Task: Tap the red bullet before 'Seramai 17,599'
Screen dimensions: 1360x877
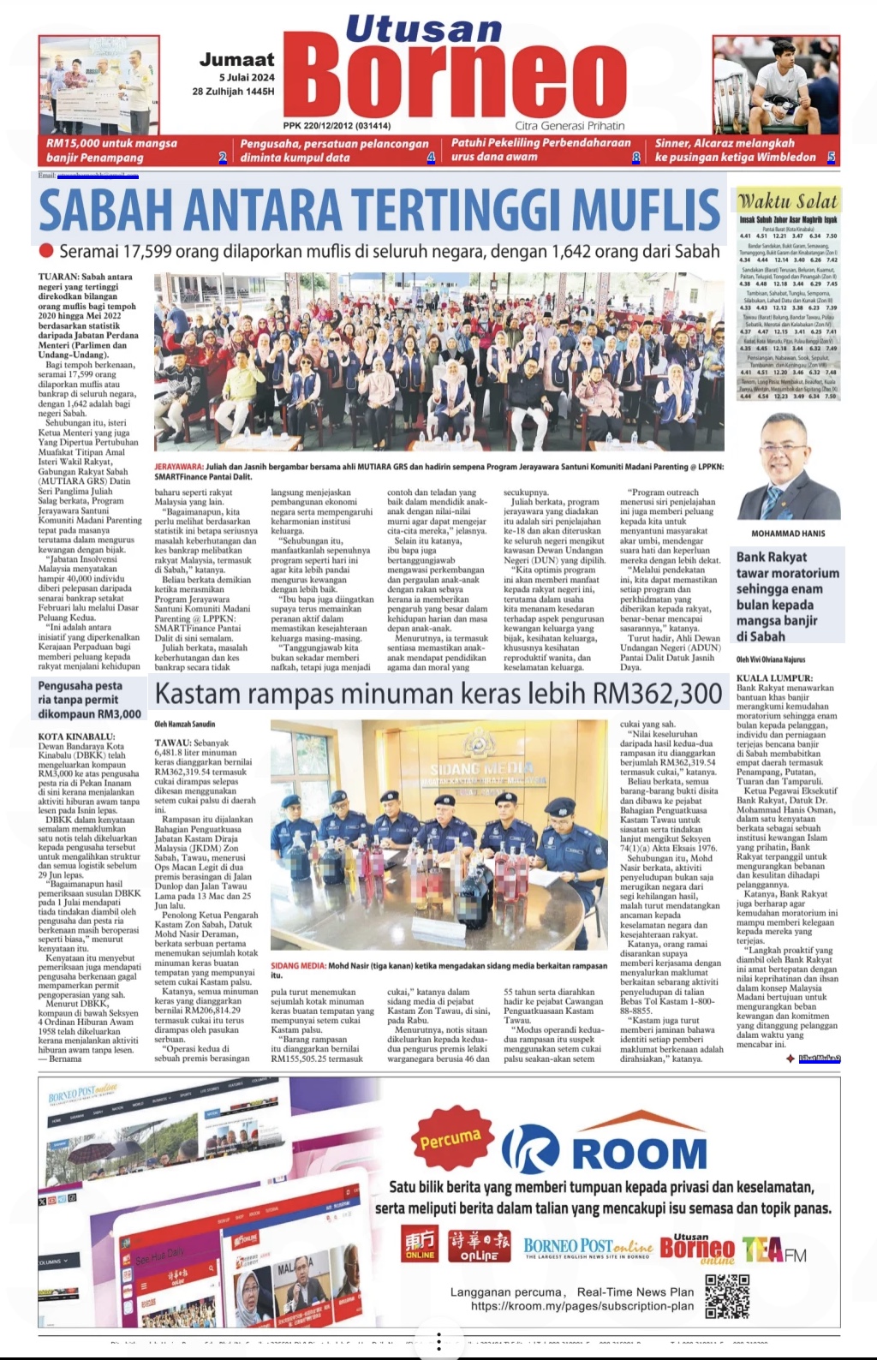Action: click(46, 252)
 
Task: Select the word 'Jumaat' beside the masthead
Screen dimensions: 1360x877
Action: click(237, 60)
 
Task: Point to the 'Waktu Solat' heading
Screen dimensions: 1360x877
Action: click(788, 201)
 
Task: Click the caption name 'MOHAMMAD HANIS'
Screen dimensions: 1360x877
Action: click(788, 534)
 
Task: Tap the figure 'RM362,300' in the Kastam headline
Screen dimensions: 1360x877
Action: click(659, 693)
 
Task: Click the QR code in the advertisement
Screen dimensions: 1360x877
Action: click(727, 1296)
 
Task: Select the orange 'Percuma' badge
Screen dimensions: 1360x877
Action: click(450, 1138)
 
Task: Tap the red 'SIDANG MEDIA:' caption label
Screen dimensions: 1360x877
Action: click(298, 965)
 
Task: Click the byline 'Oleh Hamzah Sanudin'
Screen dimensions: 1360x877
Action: click(185, 724)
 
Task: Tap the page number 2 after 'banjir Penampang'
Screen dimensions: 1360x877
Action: click(223, 158)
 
